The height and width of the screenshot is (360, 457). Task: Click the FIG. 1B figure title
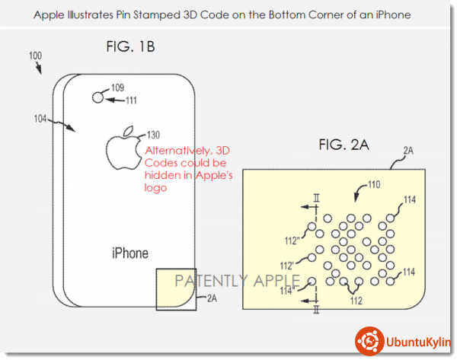pos(130,46)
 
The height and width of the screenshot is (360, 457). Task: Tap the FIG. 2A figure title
pos(344,145)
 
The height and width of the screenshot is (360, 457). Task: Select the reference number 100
pos(35,56)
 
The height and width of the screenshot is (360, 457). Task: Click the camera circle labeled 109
pos(98,97)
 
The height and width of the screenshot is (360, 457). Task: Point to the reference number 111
pos(132,100)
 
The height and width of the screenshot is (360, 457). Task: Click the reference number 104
pos(40,119)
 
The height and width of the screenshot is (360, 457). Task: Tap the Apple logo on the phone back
pos(123,148)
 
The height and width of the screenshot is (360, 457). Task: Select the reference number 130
pos(153,135)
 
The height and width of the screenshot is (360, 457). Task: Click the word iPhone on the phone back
pos(130,253)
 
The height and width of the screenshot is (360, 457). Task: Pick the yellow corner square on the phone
pos(176,289)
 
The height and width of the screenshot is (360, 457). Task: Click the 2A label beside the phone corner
pos(212,298)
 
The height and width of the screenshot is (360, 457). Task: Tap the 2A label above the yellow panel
pos(408,151)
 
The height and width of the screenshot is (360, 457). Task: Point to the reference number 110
pos(374,184)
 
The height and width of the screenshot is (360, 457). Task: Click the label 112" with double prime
pos(292,241)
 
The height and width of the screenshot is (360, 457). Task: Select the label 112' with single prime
pos(287,266)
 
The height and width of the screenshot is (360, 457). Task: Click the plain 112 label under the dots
pos(356,301)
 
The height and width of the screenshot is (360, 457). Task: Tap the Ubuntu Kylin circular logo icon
pos(369,341)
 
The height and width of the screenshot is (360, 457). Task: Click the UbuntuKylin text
pos(418,342)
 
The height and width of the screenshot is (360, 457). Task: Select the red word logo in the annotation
pos(155,188)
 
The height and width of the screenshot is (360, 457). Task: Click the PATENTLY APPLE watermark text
pos(238,281)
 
